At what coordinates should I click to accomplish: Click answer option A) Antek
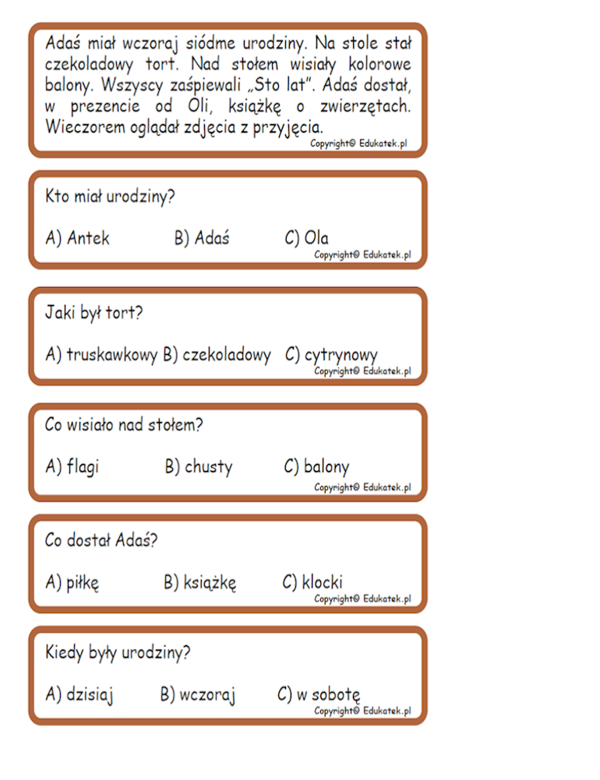coord(78,238)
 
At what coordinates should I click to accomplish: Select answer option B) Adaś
coord(202,238)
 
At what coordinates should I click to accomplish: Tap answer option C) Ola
coord(307,238)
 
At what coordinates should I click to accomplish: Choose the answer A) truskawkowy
coord(101,355)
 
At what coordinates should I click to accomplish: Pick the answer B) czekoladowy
coord(217,355)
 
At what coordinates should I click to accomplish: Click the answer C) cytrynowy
coord(331,355)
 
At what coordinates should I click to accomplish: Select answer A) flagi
coord(72,466)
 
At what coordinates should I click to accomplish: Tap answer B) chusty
coord(199,466)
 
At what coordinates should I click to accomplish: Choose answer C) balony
coord(316,466)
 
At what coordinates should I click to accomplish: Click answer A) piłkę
coord(72,582)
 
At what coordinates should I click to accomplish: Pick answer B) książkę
coord(200,582)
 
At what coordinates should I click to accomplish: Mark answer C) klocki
coord(312,582)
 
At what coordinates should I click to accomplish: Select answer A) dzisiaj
coord(79,694)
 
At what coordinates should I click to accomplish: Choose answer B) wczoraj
coord(198,694)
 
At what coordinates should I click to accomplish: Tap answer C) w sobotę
coord(319,694)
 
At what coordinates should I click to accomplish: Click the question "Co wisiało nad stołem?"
coord(124,425)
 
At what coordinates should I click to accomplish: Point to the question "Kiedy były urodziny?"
coord(118,652)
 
